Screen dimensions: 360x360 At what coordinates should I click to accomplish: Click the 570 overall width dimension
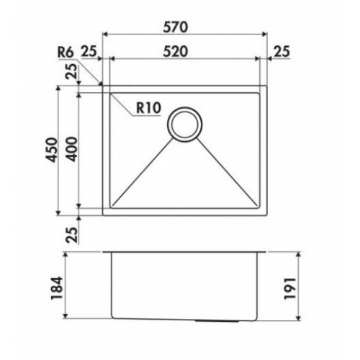175,27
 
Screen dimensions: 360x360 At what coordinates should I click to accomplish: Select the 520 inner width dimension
175,52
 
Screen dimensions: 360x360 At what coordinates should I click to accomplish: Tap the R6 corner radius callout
66,52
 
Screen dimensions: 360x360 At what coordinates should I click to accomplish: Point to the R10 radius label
148,108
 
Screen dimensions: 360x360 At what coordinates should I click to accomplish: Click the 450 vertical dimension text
52,150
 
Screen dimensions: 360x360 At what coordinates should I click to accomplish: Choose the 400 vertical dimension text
72,149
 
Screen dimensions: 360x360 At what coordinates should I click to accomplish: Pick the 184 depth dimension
57,288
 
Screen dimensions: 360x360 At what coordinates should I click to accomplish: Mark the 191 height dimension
289,288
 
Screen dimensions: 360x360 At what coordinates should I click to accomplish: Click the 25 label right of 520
282,51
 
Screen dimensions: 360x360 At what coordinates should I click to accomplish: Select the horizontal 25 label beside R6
89,51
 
